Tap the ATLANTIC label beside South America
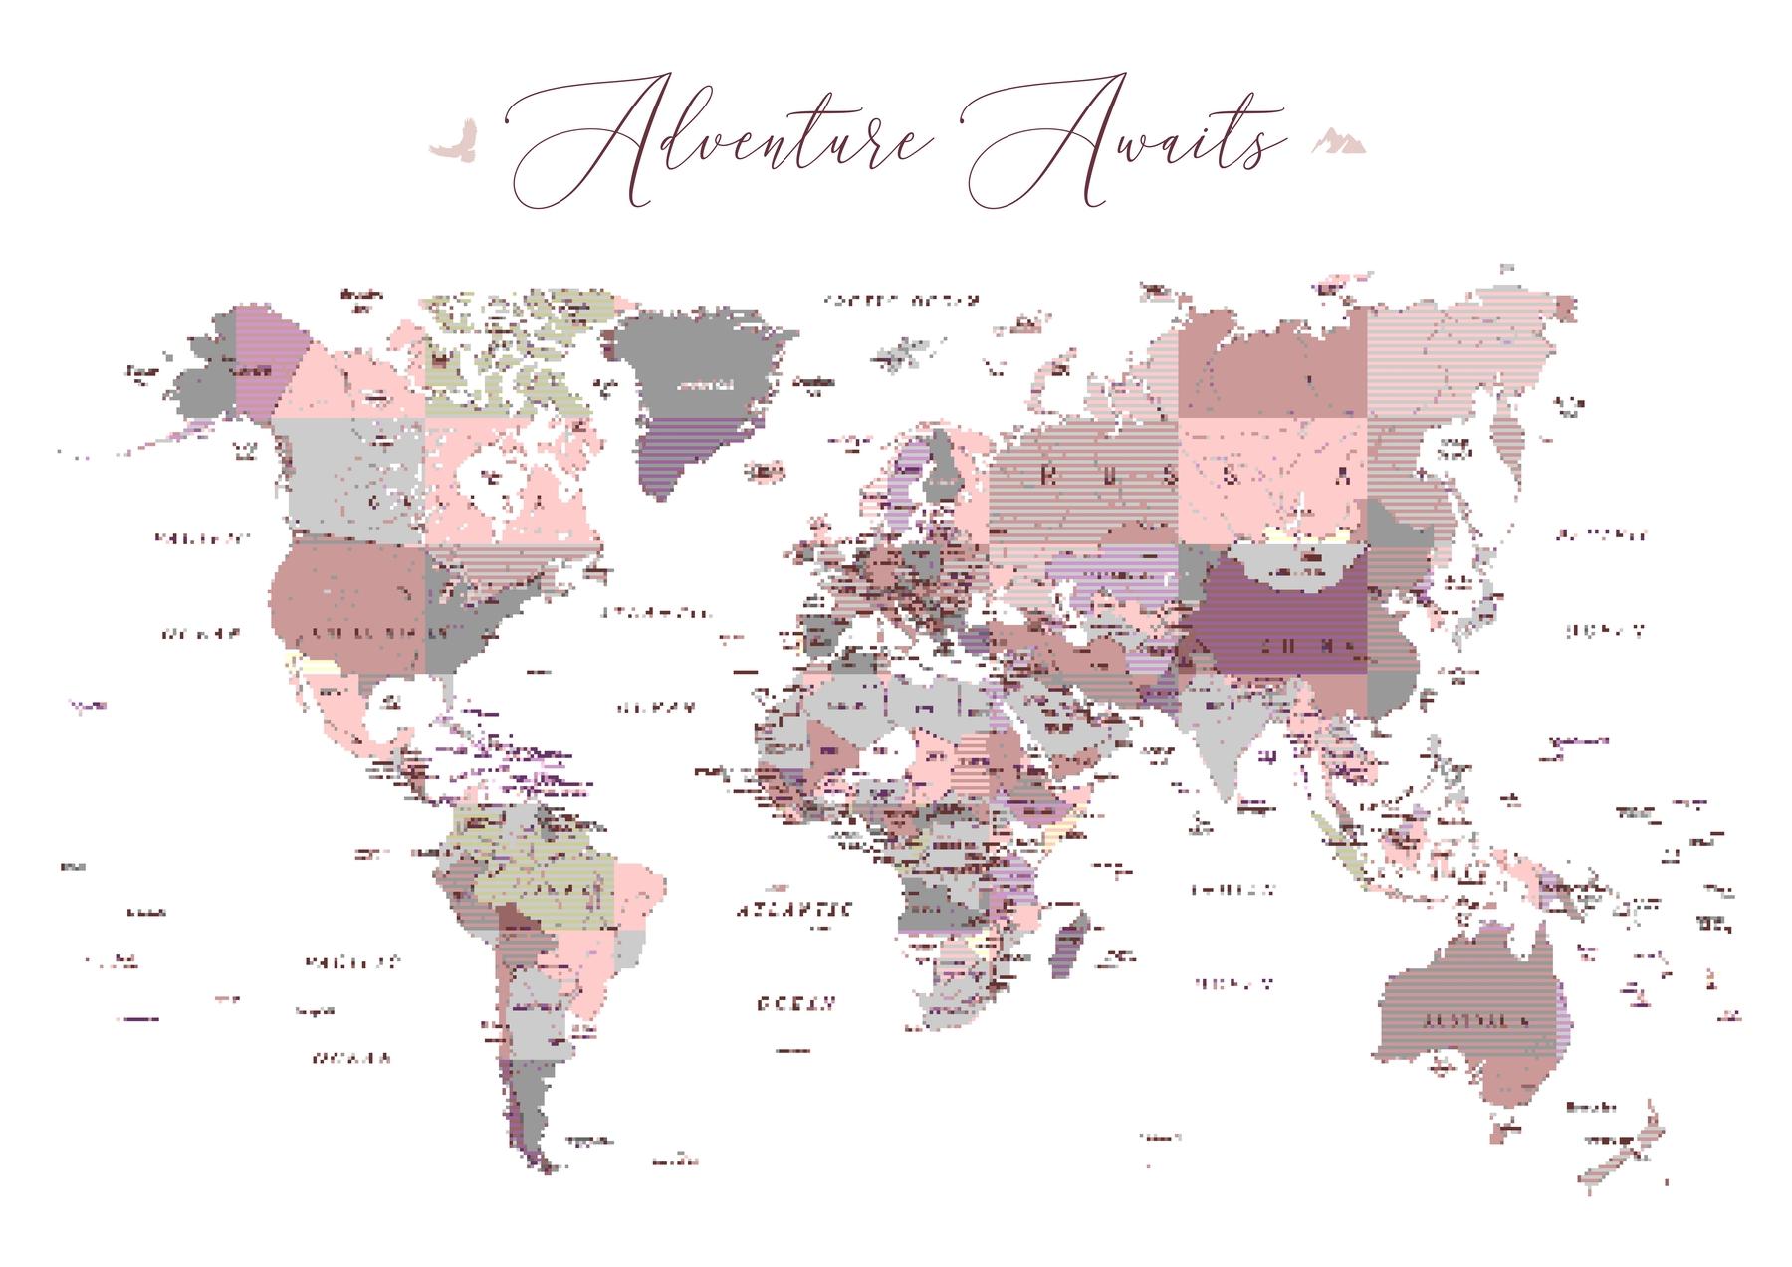pyautogui.click(x=794, y=910)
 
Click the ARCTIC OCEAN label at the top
pyautogui.click(x=902, y=300)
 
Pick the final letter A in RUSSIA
pyautogui.click(x=1344, y=476)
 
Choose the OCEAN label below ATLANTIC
pyautogui.click(x=794, y=1003)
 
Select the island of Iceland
pyautogui.click(x=765, y=469)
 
